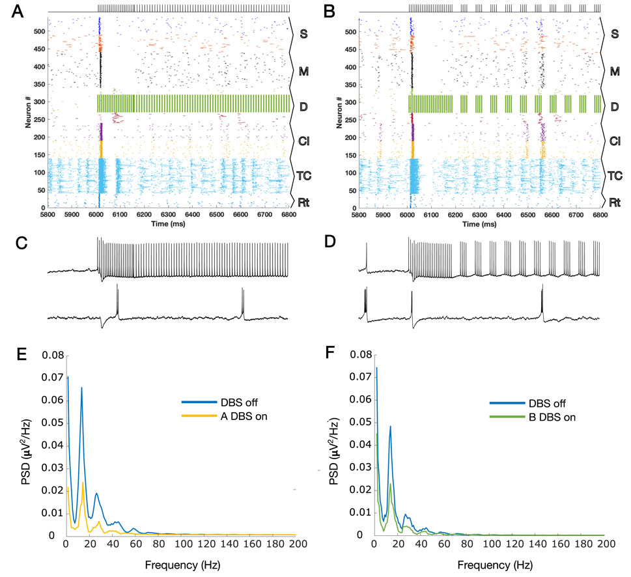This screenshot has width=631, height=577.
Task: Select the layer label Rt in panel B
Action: (612, 201)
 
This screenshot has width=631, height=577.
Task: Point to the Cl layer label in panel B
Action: (612, 139)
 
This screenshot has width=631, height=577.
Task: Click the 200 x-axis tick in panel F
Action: (606, 542)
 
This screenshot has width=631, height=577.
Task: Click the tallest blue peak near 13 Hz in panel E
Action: (81, 387)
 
